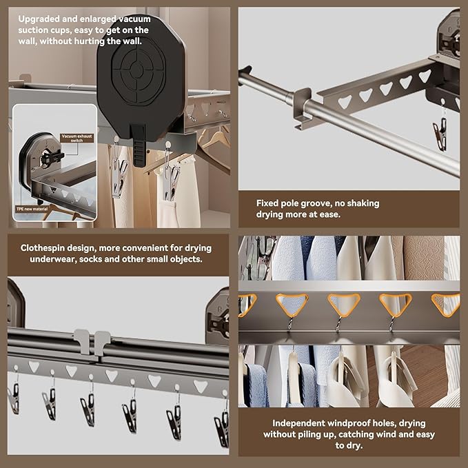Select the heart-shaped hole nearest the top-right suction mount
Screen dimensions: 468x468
click(x=425, y=76)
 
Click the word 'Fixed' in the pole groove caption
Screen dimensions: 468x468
click(x=267, y=203)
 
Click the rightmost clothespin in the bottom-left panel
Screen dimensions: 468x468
click(x=221, y=427)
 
